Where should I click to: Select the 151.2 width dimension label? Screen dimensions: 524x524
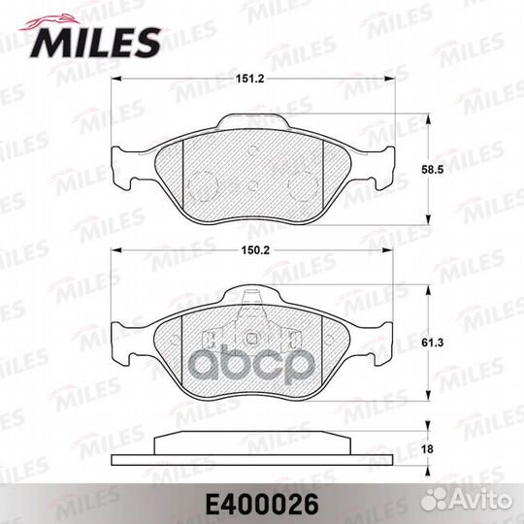click(258, 68)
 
